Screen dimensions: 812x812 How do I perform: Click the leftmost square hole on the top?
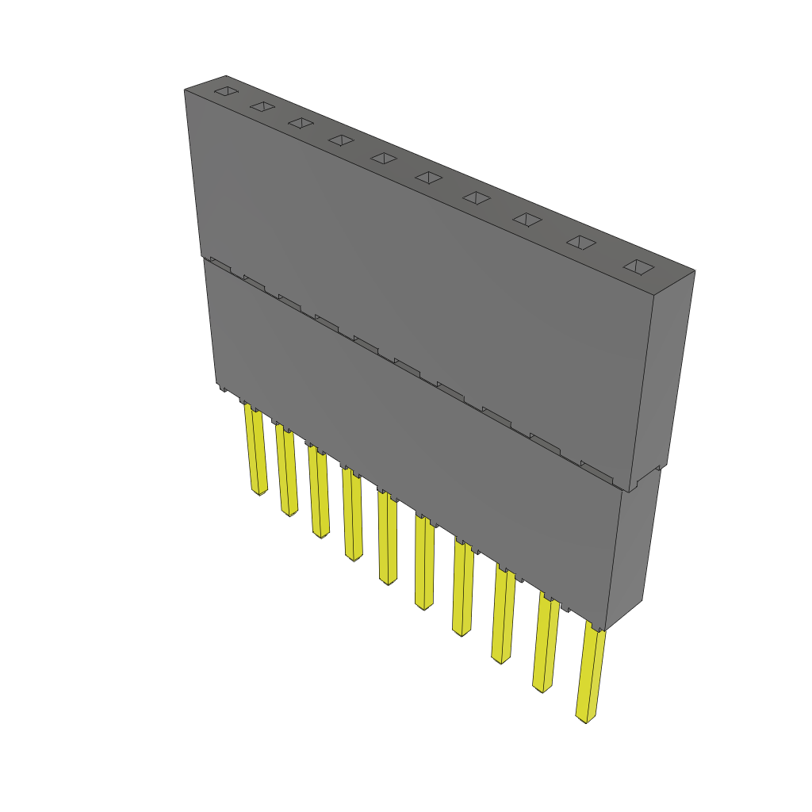(227, 91)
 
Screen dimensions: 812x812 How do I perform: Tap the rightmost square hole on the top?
(639, 267)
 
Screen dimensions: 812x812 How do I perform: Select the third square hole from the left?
(301, 123)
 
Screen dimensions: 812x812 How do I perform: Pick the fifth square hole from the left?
(384, 159)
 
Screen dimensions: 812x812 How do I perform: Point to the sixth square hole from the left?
(428, 178)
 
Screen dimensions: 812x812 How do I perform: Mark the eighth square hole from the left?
(527, 219)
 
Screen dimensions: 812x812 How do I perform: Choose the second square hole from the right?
(581, 243)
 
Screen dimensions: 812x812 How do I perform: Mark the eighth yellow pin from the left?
(503, 614)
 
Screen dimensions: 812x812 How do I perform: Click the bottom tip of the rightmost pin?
(585, 720)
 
